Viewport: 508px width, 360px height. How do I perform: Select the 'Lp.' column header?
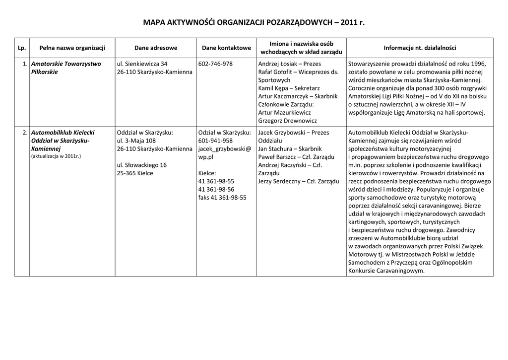tap(21, 48)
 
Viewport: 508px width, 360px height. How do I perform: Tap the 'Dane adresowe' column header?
tap(155, 48)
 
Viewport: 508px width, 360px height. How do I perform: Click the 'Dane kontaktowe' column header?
tap(226, 48)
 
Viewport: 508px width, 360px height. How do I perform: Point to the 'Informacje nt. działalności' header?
tap(420, 48)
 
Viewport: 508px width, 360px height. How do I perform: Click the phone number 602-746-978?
tap(215, 64)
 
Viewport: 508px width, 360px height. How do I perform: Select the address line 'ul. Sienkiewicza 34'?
tap(142, 64)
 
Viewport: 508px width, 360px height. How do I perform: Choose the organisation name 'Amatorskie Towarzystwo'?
tap(66, 64)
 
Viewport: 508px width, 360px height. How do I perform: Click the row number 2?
tap(25, 133)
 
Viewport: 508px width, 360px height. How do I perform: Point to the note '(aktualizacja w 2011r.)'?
tap(56, 156)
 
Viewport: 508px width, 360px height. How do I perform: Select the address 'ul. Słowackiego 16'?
tap(142, 165)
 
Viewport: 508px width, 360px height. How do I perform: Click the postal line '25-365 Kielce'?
tap(135, 173)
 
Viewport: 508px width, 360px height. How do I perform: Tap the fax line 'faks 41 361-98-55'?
tap(222, 197)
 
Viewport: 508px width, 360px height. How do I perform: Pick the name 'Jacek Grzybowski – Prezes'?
tap(294, 133)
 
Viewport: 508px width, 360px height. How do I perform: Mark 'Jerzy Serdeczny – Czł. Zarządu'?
tap(299, 181)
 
